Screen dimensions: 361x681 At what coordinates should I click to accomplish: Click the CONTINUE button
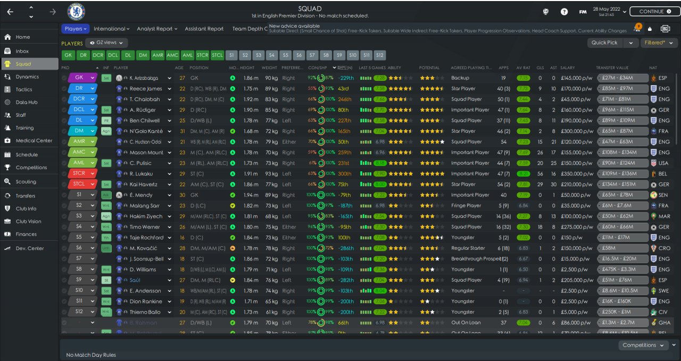[654, 11]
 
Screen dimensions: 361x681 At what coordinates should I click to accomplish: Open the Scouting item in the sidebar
[26, 182]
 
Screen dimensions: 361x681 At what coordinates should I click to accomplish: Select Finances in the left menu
[26, 234]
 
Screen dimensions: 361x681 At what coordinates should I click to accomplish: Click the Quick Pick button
[605, 43]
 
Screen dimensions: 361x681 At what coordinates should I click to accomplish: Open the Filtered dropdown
[658, 43]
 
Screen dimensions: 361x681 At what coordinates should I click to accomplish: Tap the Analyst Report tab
[157, 29]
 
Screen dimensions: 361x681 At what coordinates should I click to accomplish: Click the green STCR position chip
[202, 55]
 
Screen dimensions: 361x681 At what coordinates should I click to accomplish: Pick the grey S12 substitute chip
[379, 55]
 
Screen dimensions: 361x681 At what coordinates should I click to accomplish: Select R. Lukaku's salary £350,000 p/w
[576, 174]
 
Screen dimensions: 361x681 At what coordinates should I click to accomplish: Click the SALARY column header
[568, 68]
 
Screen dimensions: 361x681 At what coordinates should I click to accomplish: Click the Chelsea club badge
[76, 11]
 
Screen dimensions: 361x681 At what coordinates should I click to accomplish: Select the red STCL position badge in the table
[79, 184]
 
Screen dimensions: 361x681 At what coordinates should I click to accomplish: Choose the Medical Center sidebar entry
[34, 141]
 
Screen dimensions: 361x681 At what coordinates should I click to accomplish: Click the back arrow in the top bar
[11, 11]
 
